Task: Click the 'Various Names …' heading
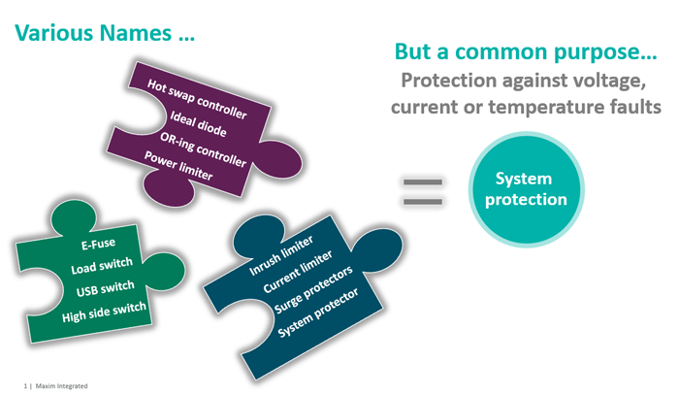point(104,33)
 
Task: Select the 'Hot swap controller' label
point(197,99)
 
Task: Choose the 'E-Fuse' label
point(91,246)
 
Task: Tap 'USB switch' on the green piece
point(104,288)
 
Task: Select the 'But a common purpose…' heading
point(512,52)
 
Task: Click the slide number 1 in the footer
point(26,384)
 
